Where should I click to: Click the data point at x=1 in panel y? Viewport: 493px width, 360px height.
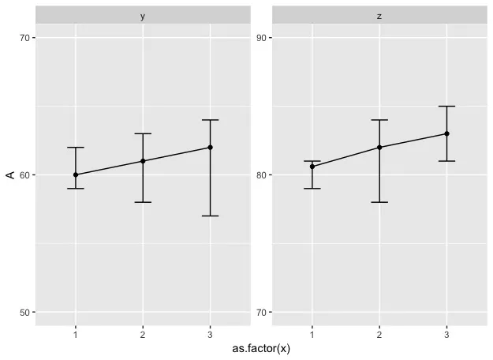click(76, 174)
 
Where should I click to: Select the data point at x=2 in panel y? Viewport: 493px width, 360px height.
click(143, 161)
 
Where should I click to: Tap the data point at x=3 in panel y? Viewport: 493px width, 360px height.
click(210, 148)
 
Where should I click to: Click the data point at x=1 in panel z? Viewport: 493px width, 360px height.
click(312, 167)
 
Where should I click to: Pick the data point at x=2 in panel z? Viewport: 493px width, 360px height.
click(379, 148)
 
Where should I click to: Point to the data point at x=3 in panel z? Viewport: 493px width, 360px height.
click(446, 133)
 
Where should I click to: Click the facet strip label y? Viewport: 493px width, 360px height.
click(143, 16)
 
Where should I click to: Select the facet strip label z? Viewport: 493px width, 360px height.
click(379, 16)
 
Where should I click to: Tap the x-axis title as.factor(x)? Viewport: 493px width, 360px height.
click(261, 348)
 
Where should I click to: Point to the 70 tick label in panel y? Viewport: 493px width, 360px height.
click(24, 38)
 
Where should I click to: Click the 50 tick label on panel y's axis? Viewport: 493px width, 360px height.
click(24, 312)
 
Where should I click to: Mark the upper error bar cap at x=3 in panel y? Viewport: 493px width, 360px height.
click(210, 120)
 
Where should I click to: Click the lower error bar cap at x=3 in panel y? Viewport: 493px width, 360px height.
click(210, 216)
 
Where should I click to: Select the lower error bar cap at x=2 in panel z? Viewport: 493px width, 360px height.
click(379, 202)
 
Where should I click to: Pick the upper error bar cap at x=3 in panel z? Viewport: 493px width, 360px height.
click(446, 106)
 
